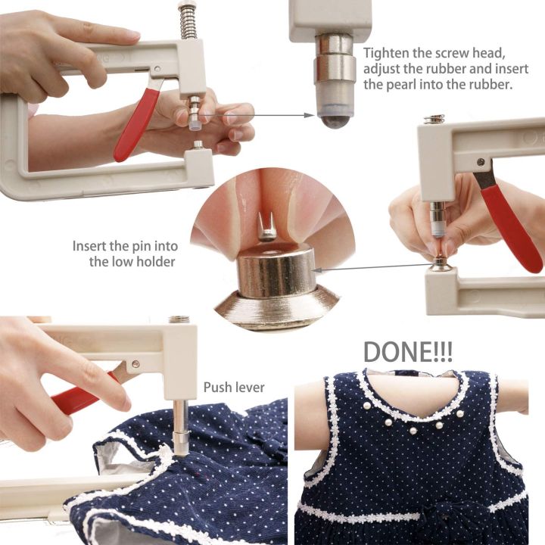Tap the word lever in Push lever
pyautogui.click(x=248, y=388)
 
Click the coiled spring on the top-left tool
pyautogui.click(x=188, y=20)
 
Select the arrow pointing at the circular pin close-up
pyautogui.click(x=363, y=267)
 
